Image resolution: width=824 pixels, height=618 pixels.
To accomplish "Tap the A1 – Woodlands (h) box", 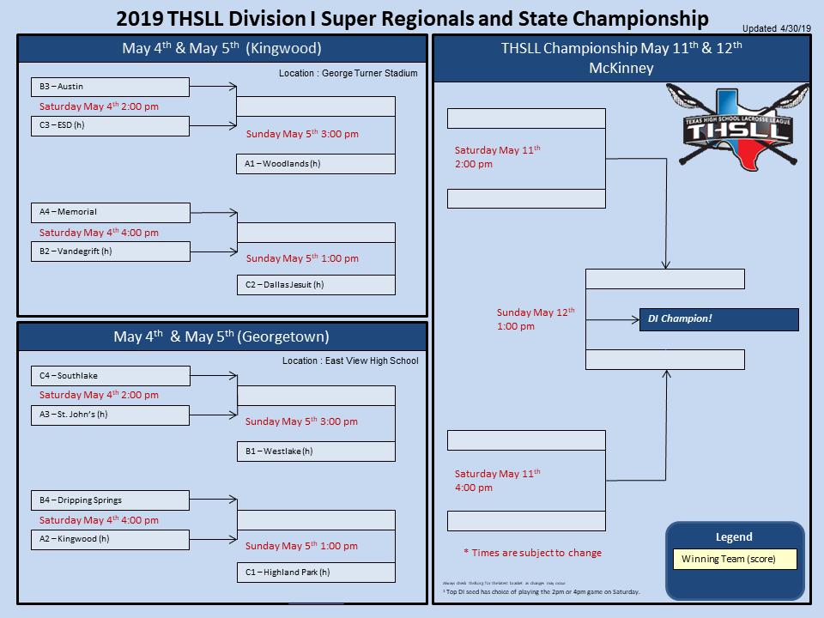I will [x=316, y=164].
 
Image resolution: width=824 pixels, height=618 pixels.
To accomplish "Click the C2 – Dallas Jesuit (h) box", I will [x=316, y=285].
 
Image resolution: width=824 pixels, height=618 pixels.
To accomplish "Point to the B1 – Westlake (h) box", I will [x=316, y=451].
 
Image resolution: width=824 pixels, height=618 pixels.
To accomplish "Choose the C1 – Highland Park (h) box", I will [x=316, y=573].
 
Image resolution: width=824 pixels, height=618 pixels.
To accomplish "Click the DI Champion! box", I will [x=718, y=319].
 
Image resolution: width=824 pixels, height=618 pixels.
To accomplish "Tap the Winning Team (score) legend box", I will [x=735, y=560].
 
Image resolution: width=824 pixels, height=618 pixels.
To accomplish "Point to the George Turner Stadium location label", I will [x=348, y=74].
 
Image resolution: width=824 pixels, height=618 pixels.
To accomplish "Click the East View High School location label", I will [x=350, y=360].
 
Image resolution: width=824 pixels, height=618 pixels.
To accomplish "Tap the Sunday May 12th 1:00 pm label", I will [x=536, y=319].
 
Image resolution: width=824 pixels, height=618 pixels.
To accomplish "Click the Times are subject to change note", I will [x=532, y=553].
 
